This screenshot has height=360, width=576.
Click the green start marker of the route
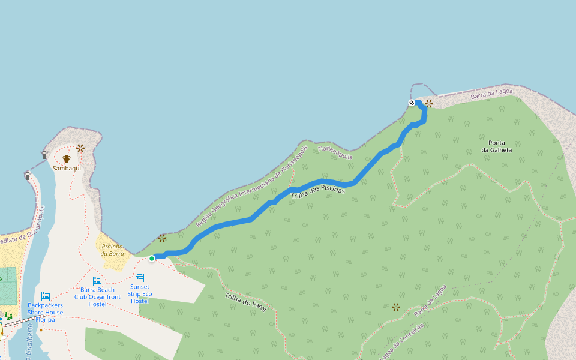pos(152,258)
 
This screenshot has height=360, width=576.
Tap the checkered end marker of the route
pos(412,103)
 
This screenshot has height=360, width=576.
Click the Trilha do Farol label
pos(245,302)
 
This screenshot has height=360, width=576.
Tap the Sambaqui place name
pos(67,169)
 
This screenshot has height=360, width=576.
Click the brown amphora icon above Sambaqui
pos(67,159)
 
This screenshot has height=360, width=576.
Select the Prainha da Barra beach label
pos(112,250)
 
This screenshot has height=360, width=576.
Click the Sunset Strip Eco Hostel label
pos(140,293)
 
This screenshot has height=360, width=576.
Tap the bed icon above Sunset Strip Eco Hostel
pos(140,277)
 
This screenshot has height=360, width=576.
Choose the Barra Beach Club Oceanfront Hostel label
pos(97,297)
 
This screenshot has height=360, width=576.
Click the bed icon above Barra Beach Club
pos(97,281)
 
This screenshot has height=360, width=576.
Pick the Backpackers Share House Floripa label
pos(45,312)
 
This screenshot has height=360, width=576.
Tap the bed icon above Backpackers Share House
pos(46,296)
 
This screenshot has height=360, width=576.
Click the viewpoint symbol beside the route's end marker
pos(429,103)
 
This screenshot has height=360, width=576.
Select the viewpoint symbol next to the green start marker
pos(162,238)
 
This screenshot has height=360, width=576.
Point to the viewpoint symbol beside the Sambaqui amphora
pos(80,148)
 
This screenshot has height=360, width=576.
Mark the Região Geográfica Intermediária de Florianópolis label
pos(252,186)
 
